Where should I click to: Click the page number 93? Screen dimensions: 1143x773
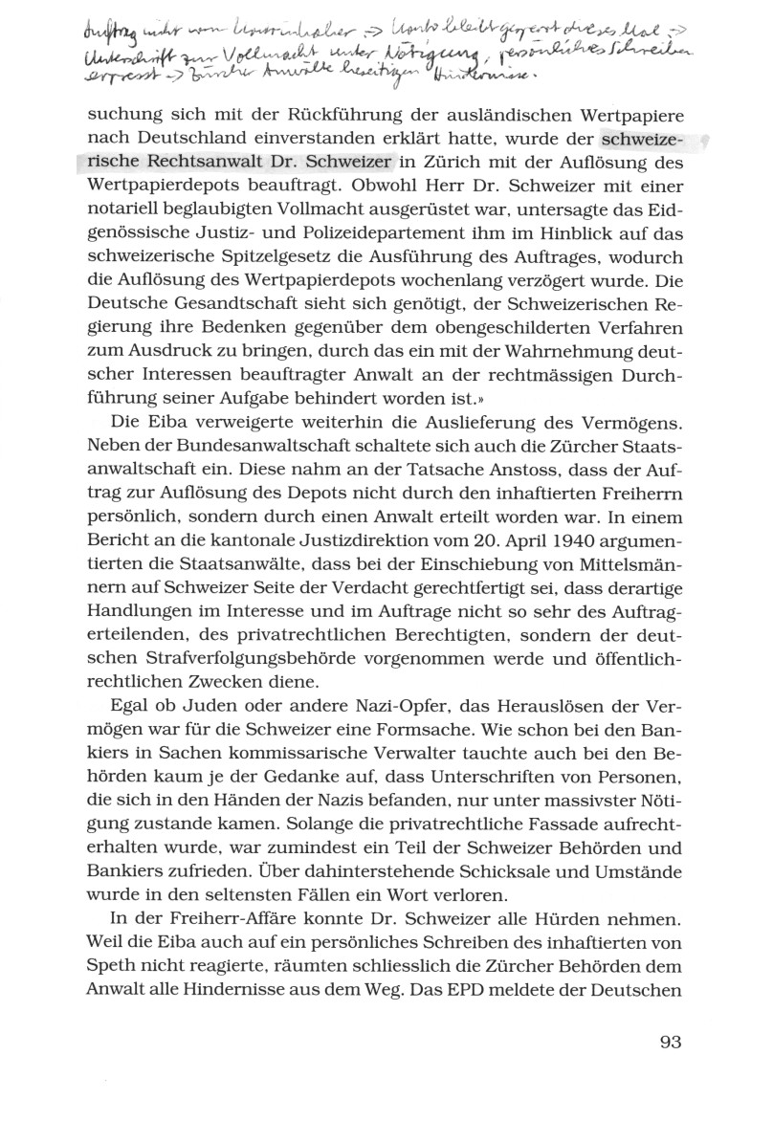(x=670, y=1042)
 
